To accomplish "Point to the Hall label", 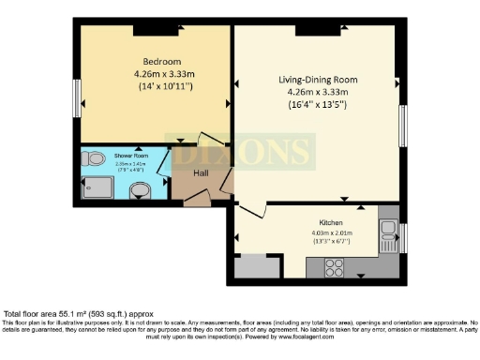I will tap(201, 173).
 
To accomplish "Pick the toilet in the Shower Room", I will tap(92, 160).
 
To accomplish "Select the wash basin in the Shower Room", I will tap(141, 191).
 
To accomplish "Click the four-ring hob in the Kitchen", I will tap(336, 264).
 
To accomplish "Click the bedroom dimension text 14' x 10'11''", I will tap(153, 85).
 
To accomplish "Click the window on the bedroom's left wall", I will tap(78, 96).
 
